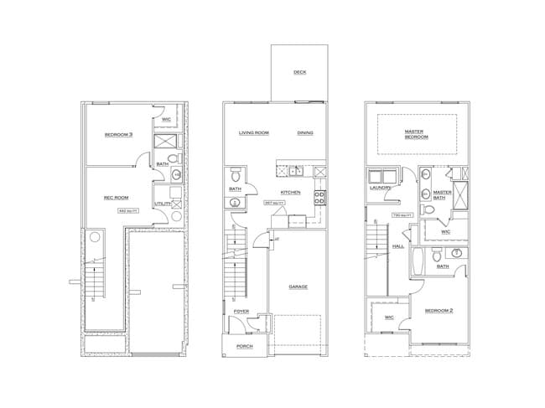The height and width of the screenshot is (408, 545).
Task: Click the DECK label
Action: (299, 72)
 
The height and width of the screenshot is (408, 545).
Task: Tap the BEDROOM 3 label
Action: (119, 135)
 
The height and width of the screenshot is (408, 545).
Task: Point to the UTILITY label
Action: (163, 204)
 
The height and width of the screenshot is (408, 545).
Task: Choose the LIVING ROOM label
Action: (253, 133)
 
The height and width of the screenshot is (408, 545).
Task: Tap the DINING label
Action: (305, 133)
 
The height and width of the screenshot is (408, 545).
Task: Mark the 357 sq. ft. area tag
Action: (272, 202)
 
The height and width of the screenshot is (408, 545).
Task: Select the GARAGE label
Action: (298, 287)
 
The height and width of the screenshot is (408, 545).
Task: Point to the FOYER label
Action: (241, 311)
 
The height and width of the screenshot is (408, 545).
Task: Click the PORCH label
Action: (244, 345)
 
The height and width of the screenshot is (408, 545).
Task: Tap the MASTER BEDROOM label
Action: (414, 134)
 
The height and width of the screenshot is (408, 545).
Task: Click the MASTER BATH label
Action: (442, 194)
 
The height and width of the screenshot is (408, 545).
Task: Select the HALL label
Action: (399, 246)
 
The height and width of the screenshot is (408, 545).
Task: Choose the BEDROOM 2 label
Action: (439, 311)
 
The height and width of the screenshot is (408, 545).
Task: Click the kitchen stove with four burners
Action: (319, 198)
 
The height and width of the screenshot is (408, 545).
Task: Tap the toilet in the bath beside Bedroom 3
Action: (174, 159)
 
